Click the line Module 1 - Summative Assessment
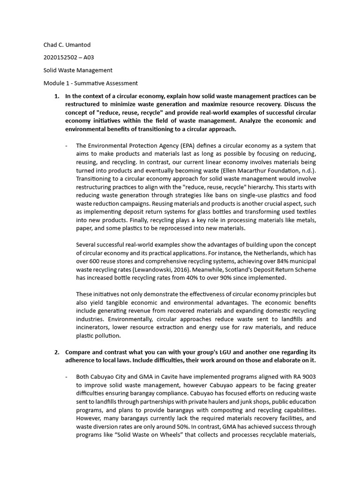(x=90, y=83)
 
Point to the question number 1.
(x=57, y=96)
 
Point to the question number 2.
(x=57, y=352)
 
